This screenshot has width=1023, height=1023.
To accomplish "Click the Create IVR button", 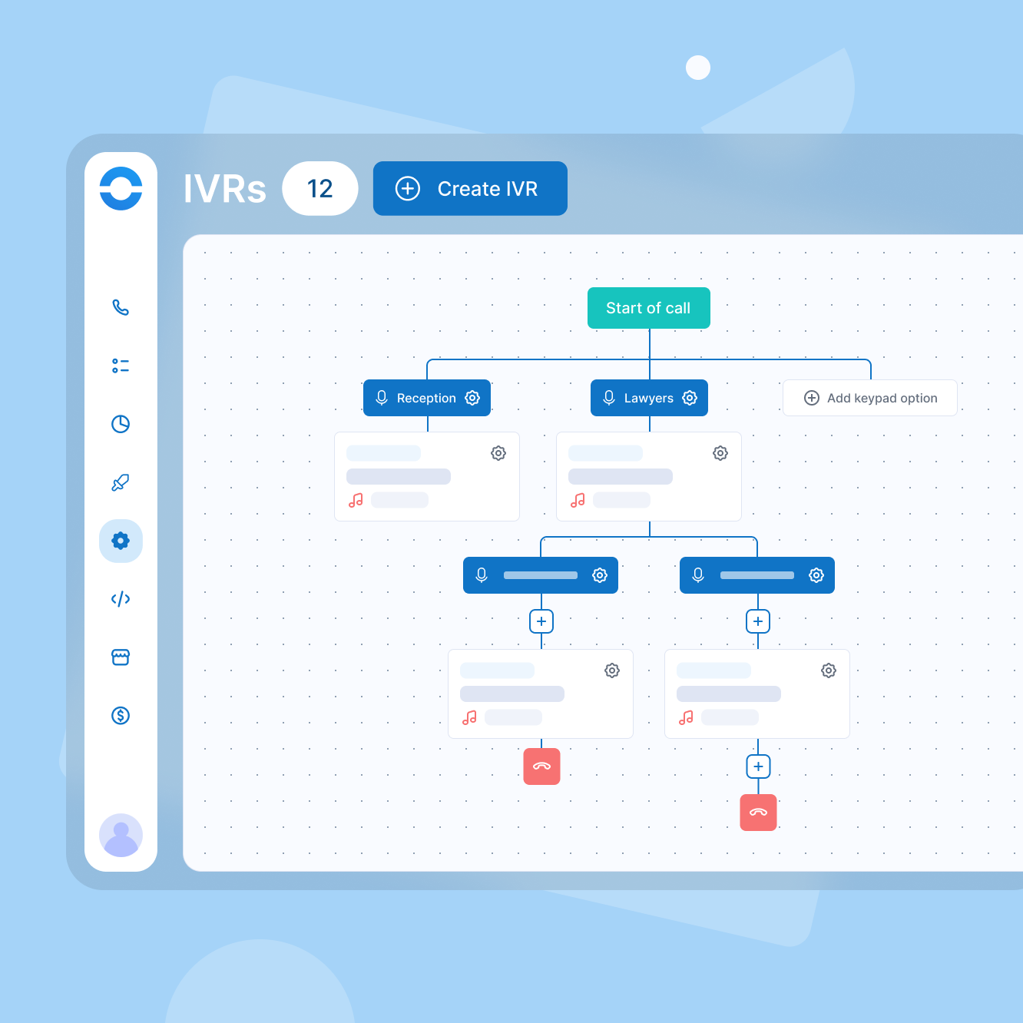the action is tap(470, 188).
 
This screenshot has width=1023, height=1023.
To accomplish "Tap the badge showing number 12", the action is tap(320, 188).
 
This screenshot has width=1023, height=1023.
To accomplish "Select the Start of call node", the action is tap(649, 308).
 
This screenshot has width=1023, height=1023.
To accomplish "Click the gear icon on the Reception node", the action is tap(472, 398).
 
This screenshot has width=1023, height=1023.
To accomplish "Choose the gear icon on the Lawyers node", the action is tap(690, 398).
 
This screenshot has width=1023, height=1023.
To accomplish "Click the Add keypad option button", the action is tap(870, 398).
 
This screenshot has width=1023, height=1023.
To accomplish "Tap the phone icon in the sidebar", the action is tap(121, 307).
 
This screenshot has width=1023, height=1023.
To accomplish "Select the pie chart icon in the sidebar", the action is tap(121, 424).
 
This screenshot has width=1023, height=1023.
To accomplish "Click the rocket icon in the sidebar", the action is tap(121, 482).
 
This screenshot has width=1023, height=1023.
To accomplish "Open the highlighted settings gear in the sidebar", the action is tap(121, 541).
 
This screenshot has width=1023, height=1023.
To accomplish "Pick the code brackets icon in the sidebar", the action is tap(121, 599).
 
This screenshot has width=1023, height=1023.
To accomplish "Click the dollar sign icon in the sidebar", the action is tap(121, 716).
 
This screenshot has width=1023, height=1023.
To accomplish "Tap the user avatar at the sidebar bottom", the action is tap(121, 835).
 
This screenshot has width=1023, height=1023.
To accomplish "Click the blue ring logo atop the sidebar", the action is tap(121, 188).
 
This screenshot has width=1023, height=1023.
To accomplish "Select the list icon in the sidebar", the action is tap(121, 366).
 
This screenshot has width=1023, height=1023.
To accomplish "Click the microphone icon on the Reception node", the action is tap(382, 398).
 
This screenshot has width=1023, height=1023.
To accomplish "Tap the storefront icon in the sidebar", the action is tap(121, 657).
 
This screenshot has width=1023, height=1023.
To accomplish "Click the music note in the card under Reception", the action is tap(356, 500).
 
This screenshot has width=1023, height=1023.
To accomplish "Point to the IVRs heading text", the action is tap(224, 189).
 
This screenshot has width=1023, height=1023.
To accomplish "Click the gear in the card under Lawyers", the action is tap(720, 453).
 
